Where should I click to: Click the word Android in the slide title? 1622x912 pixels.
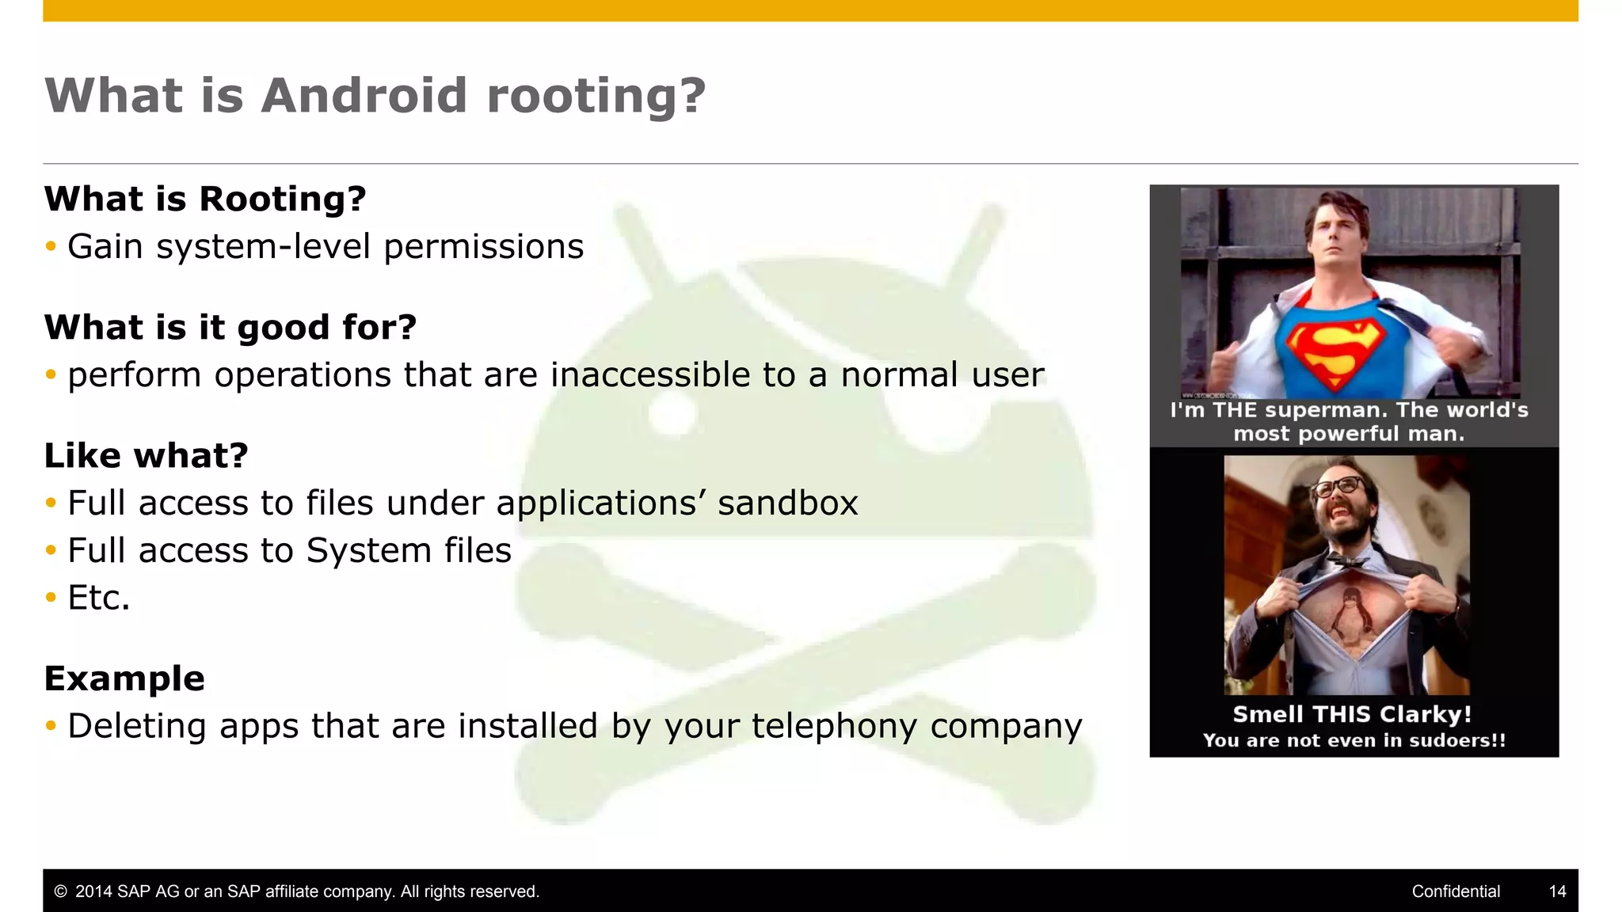364,96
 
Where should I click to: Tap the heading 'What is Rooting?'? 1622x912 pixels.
205,199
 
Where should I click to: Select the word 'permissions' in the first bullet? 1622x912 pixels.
483,247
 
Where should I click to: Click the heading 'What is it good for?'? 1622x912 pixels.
230,327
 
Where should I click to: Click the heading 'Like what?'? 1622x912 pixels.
147,455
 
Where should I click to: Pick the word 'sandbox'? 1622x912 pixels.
787,503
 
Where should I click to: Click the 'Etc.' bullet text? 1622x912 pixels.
99,598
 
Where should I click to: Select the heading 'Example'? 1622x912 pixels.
125,678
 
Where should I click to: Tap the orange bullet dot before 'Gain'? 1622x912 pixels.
51,247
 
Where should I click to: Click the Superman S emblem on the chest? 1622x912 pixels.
1335,352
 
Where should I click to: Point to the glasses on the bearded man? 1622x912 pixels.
1338,486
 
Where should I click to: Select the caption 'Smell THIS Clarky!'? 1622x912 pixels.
1352,714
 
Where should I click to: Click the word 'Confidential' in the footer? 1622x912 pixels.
1456,891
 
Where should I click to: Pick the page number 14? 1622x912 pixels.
1557,891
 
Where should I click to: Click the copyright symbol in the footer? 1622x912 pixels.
60,891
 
